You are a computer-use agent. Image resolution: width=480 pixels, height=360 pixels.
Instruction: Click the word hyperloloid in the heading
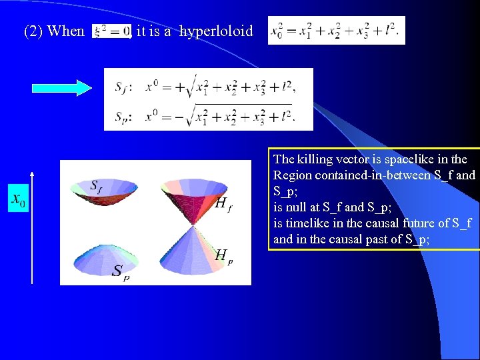pos(217,31)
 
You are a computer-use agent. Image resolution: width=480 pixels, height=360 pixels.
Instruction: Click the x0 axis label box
pos(18,199)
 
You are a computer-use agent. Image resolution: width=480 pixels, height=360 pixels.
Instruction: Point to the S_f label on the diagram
pos(97,185)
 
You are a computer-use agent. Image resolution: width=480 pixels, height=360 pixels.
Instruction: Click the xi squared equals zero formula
pos(111,31)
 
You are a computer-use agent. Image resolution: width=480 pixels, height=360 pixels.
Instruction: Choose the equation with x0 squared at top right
pos(336,31)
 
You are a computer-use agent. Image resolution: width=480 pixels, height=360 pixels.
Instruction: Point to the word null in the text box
pos(298,207)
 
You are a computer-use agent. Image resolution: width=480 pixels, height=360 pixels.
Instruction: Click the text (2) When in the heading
pos(54,31)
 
